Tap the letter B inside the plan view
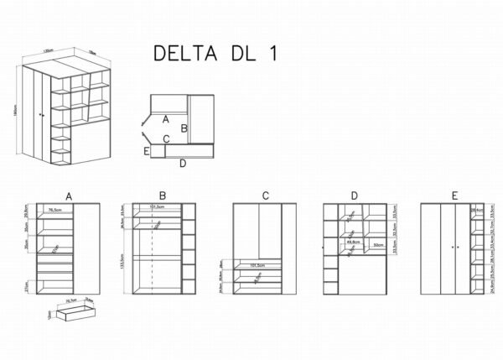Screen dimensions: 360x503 click(184, 128)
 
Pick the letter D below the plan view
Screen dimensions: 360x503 click(182, 163)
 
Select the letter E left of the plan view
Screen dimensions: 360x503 click(147, 151)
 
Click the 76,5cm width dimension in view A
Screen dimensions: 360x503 click(56, 210)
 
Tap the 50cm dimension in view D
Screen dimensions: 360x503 click(379, 246)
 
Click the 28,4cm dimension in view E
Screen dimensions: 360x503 click(477, 210)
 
